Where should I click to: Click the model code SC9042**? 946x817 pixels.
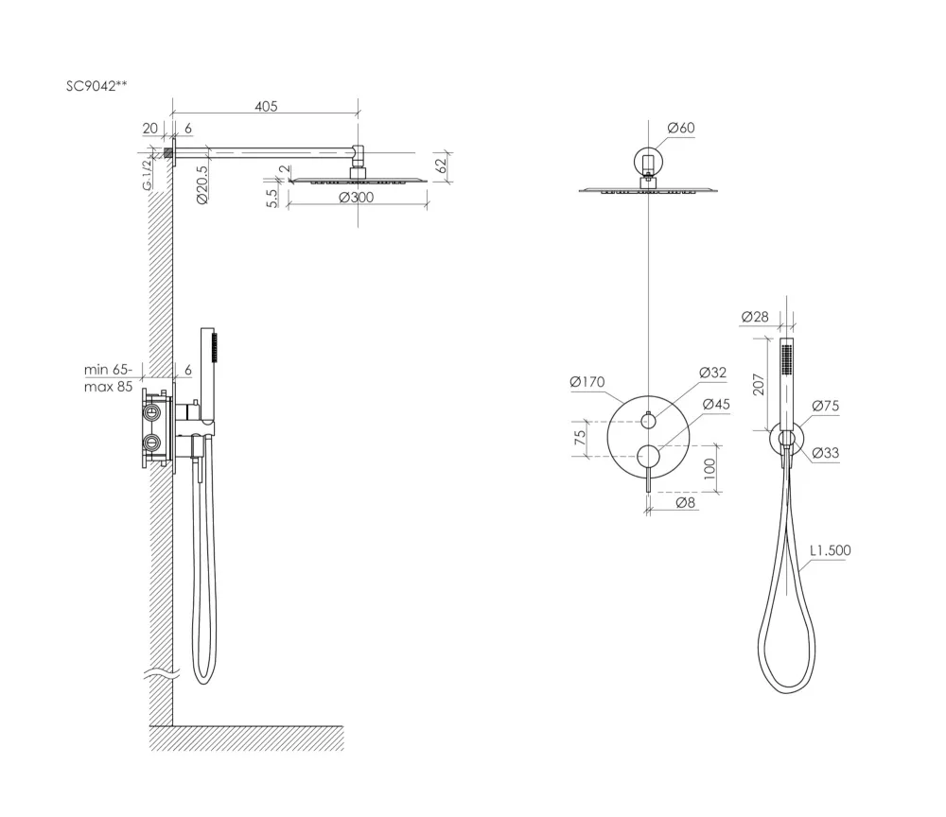click(x=96, y=86)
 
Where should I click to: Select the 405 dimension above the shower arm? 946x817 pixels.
click(x=266, y=106)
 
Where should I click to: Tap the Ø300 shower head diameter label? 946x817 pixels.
click(x=356, y=198)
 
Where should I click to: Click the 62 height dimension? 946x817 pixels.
click(x=442, y=164)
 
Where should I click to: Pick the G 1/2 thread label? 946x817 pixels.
click(x=148, y=175)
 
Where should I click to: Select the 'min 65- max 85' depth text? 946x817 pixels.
click(x=108, y=377)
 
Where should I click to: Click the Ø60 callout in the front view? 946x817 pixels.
click(x=681, y=128)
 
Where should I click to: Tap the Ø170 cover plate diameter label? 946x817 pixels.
click(x=587, y=382)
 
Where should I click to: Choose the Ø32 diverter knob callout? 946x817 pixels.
click(x=712, y=373)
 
